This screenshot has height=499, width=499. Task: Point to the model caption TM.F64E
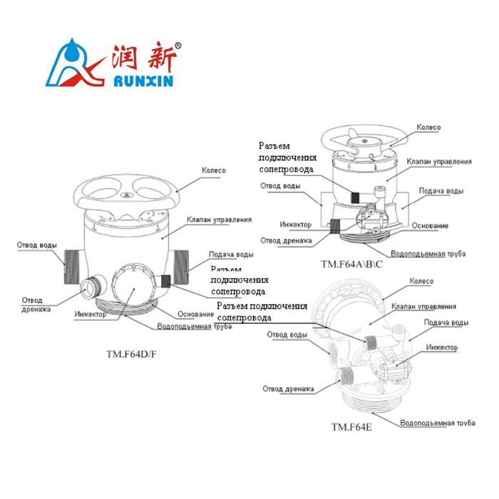[351, 427]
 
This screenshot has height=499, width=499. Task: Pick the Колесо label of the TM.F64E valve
[421, 282]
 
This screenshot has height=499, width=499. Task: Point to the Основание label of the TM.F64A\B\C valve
[431, 226]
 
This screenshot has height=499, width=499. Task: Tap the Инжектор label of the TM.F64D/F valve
[90, 314]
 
